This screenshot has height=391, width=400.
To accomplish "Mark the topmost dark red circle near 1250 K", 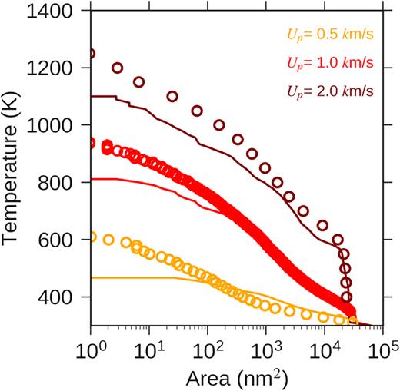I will [92, 54].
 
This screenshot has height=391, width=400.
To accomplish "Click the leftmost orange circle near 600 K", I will [92, 237].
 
